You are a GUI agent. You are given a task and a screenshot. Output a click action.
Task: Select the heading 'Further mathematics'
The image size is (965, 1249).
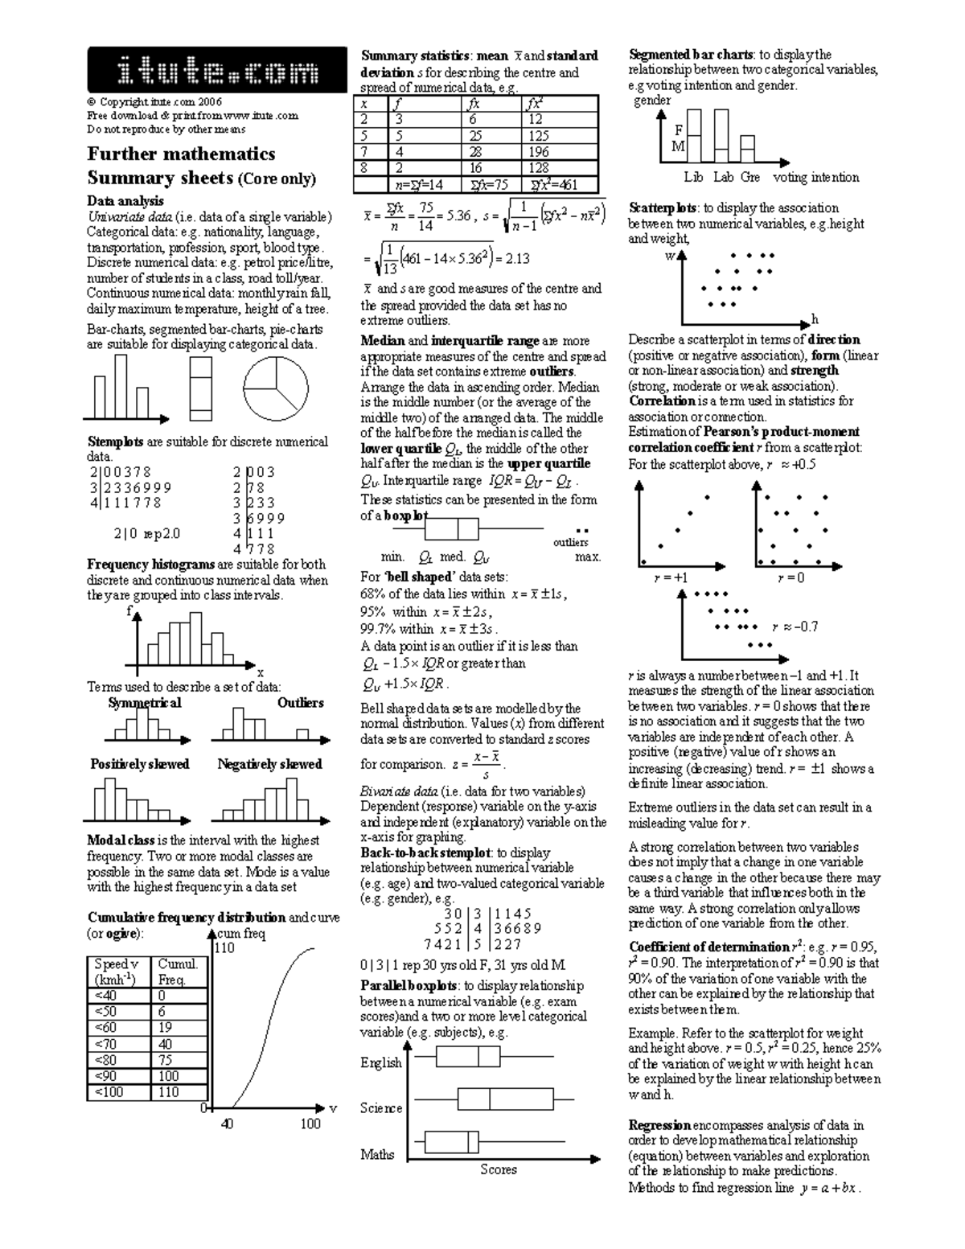click(x=181, y=154)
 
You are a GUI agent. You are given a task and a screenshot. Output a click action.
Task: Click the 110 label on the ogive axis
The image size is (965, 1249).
click(x=224, y=948)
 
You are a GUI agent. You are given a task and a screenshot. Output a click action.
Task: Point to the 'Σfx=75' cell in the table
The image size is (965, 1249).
click(x=490, y=184)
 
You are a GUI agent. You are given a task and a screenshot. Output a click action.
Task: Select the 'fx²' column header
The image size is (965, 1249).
click(x=533, y=103)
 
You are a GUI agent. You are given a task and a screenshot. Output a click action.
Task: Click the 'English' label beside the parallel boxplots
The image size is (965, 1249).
click(x=380, y=1063)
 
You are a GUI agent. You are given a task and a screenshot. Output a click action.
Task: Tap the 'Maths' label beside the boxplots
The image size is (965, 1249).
click(x=377, y=1155)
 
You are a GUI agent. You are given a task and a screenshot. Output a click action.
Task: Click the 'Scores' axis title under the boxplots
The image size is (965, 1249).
click(x=498, y=1170)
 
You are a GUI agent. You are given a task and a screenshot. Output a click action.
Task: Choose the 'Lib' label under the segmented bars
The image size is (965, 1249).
click(x=693, y=177)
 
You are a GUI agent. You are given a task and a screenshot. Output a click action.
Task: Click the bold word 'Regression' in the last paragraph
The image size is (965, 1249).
click(x=659, y=1125)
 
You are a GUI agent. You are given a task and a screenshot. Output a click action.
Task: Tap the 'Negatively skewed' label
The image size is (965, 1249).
click(x=269, y=764)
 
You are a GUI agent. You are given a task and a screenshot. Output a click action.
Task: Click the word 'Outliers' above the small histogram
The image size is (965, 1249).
click(x=300, y=703)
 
